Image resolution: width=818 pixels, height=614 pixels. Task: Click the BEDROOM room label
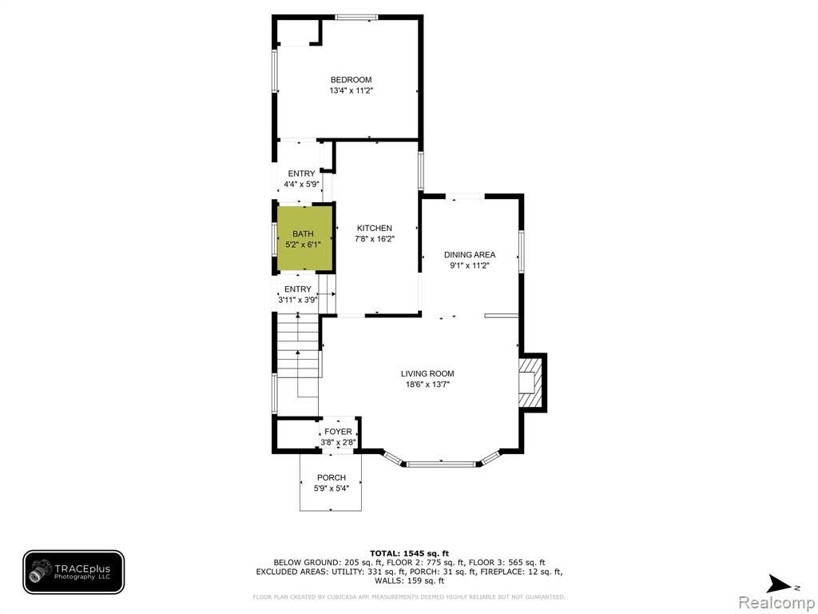[x=351, y=80]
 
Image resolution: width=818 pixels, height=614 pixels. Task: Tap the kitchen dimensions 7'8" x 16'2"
[x=375, y=239]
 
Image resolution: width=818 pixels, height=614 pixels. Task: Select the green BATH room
[x=304, y=238]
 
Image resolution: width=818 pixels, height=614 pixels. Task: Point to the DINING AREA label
[x=470, y=255]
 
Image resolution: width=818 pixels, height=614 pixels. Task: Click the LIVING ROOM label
[x=427, y=374]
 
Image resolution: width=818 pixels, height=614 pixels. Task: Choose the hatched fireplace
[x=531, y=382]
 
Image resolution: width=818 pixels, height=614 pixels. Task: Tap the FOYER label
[x=338, y=432]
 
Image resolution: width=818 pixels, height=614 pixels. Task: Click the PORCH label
[x=332, y=478]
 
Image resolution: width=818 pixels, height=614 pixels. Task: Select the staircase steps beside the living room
[x=298, y=345]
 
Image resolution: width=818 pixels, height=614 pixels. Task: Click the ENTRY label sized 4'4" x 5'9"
[x=301, y=173]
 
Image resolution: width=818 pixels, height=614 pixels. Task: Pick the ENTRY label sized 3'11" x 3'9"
[x=298, y=289]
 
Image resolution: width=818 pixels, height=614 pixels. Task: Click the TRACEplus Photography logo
[x=73, y=572]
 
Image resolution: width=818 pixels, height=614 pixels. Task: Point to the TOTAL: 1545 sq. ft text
[x=410, y=553]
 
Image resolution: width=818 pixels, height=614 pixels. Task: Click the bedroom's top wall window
[x=357, y=18]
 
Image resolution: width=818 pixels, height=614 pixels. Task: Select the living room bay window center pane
[x=441, y=464]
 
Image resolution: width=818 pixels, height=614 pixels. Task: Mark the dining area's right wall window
[x=521, y=252]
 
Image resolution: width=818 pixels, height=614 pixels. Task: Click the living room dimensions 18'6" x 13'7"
[x=427, y=385]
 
